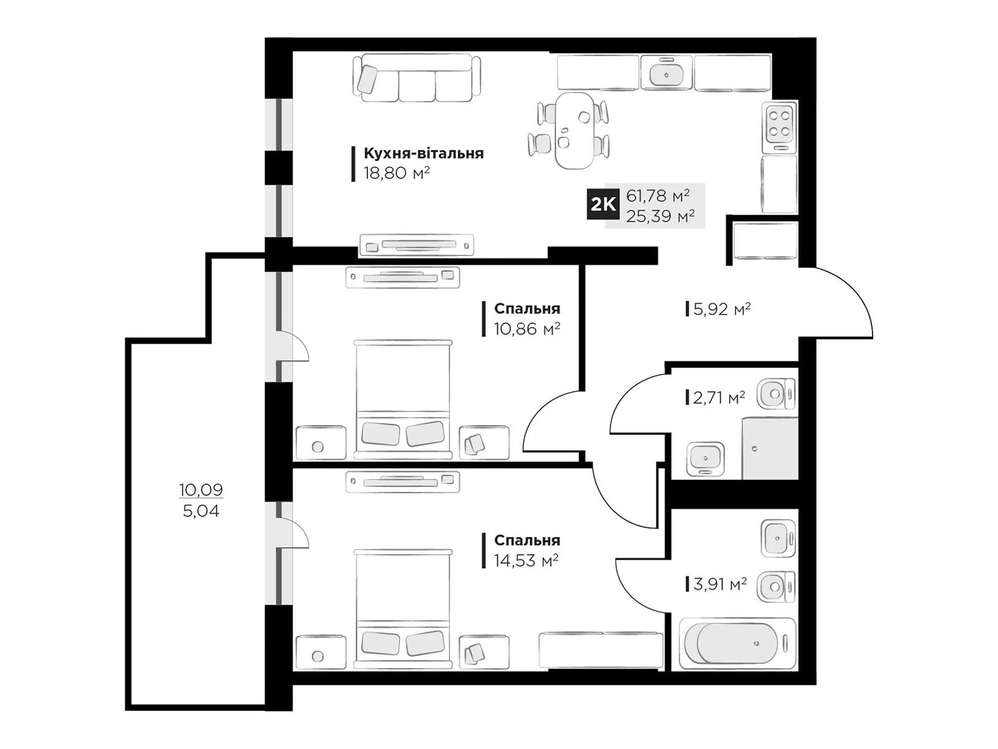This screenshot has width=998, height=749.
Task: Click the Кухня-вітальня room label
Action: (x=424, y=154)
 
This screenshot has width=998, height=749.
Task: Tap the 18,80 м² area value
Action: (x=397, y=174)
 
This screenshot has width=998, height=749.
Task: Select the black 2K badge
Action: (x=603, y=204)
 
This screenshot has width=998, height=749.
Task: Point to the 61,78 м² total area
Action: (x=657, y=195)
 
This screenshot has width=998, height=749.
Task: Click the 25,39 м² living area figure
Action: (x=660, y=216)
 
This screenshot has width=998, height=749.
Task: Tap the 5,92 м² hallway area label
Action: (x=722, y=309)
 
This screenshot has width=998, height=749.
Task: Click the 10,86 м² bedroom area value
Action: (x=527, y=328)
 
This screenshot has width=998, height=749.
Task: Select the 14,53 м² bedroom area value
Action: (x=526, y=561)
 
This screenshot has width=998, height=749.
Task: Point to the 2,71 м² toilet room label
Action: (x=719, y=398)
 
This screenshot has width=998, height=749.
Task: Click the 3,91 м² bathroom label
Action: (x=720, y=584)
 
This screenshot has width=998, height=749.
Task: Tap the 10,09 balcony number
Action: (x=201, y=490)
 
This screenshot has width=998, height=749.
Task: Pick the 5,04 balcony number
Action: (x=201, y=511)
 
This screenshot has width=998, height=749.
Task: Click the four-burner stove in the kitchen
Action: (x=779, y=127)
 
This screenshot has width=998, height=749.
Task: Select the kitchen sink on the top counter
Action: (x=666, y=73)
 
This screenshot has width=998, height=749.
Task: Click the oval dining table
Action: (x=574, y=130)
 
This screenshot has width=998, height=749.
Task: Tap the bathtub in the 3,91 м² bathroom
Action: (x=737, y=644)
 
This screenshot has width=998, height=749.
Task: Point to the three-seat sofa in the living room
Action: (x=417, y=78)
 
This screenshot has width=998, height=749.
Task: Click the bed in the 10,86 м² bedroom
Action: (x=403, y=399)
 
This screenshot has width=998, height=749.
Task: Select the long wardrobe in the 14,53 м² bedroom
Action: (x=601, y=650)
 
